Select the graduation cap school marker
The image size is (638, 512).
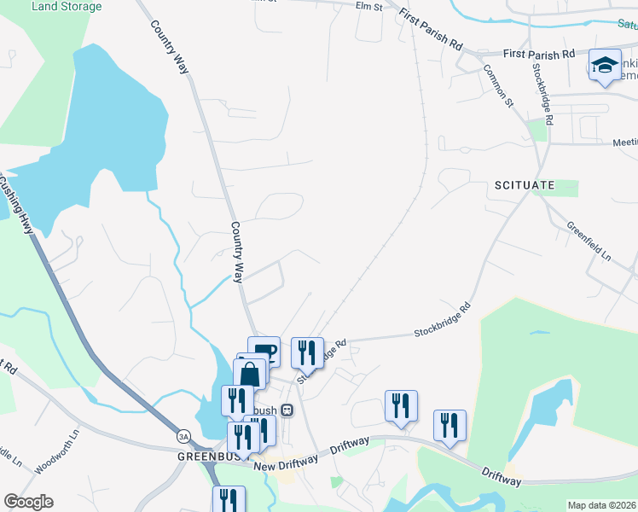coord(605,67)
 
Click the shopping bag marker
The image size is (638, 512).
coord(249,374)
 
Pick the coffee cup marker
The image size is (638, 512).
coord(264,351)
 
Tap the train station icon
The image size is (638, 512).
coord(287,410)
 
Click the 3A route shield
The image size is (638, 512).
coord(183,436)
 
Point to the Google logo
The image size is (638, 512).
coord(28,502)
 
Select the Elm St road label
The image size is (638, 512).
coord(368,7)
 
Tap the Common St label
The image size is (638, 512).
coord(499,86)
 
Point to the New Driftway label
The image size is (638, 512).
coord(285,458)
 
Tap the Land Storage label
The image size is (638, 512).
coord(66,7)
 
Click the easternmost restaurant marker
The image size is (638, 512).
coord(449,425)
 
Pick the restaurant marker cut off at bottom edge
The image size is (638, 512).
coord(229,499)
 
